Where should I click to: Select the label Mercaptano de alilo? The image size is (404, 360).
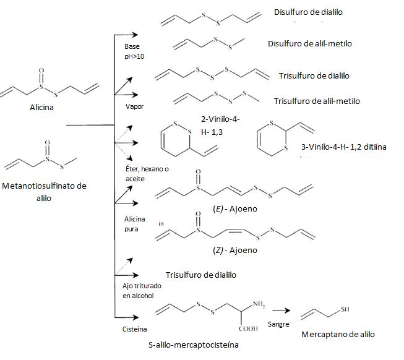pos(338,334)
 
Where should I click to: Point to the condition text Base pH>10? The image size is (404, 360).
pos(133,51)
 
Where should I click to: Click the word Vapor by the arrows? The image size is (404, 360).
pos(134,106)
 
